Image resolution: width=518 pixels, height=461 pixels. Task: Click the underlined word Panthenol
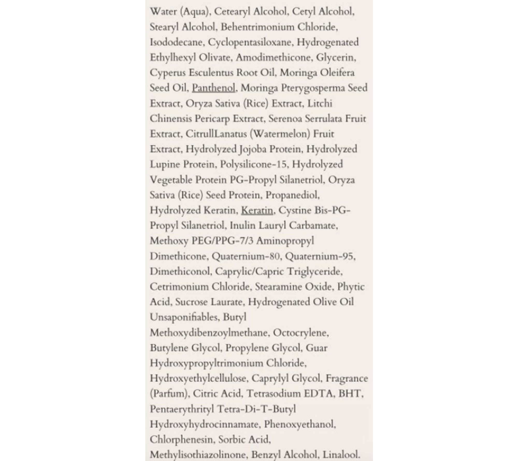coord(214,88)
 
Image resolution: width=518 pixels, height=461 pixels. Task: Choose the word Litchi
coord(320,103)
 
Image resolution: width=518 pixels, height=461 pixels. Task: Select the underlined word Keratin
coord(257,210)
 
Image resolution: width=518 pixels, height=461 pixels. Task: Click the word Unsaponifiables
coord(184,317)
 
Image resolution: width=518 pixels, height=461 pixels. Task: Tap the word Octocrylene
coord(301,333)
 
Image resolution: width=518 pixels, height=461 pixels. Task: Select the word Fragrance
coord(347,379)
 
